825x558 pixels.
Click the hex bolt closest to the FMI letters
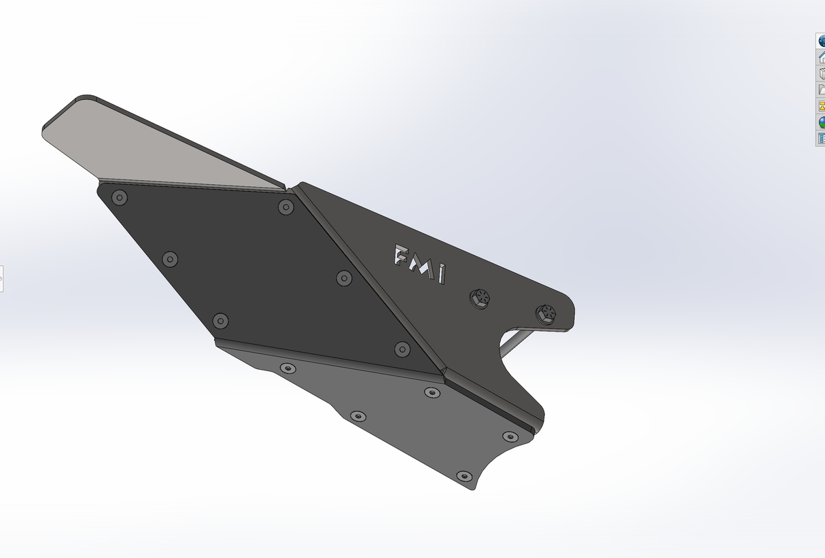tap(480, 298)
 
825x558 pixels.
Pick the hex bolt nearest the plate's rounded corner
tap(546, 313)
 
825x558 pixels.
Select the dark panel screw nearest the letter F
tap(345, 278)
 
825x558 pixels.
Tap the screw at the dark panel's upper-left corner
tap(120, 198)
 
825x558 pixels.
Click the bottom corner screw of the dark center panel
tap(402, 349)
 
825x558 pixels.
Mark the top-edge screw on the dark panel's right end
tap(286, 207)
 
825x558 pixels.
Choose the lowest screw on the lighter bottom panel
tap(464, 476)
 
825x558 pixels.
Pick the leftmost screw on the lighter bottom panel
tap(288, 368)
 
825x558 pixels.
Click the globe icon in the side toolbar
tap(821, 41)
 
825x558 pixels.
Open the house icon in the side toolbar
tap(821, 57)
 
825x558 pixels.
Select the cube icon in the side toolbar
tap(821, 73)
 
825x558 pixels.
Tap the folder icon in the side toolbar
tap(821, 90)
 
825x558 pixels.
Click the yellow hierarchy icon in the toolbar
tap(821, 106)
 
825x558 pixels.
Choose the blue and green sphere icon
tap(821, 122)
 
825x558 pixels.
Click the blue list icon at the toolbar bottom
tap(821, 139)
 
